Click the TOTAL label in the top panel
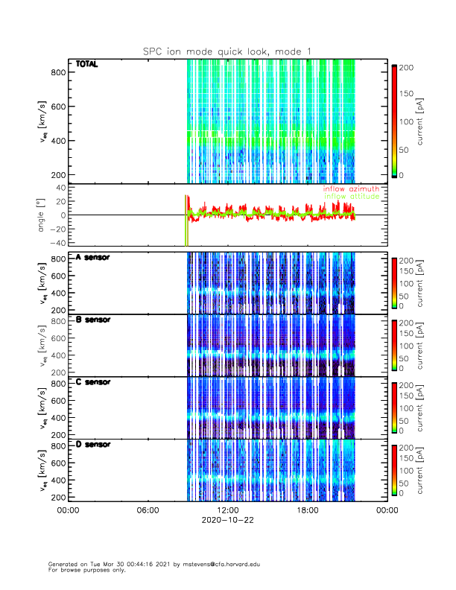(86, 65)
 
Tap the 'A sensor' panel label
(93, 258)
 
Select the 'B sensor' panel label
(93, 320)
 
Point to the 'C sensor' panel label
(93, 382)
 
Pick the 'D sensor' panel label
(93, 444)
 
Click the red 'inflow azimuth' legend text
(350, 189)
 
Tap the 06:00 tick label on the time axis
(148, 512)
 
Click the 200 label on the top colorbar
(409, 67)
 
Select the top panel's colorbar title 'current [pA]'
(431, 121)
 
